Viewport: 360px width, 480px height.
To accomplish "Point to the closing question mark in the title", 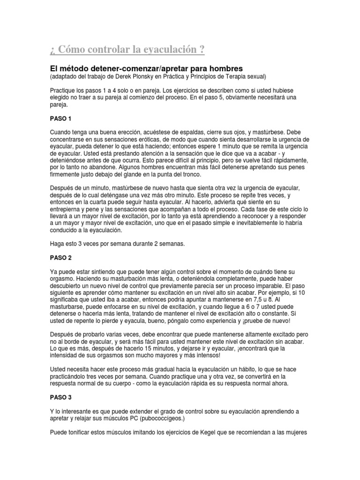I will pyautogui.click(x=201, y=49).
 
